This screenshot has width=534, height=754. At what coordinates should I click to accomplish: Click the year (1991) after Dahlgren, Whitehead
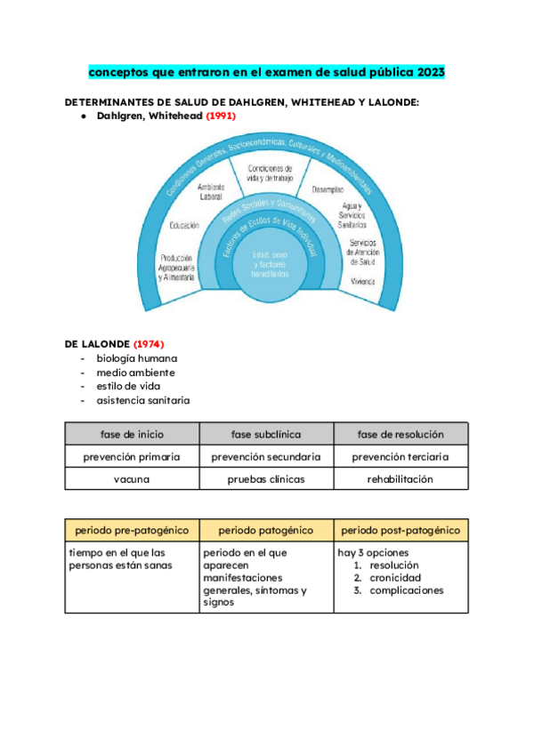point(222,116)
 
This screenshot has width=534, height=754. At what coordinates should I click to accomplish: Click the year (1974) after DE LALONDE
point(148,343)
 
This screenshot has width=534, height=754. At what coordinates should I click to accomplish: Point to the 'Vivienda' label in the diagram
point(362,280)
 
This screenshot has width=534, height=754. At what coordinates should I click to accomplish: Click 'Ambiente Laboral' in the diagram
point(211,191)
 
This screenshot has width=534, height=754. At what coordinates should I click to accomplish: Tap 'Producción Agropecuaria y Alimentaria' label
point(177,267)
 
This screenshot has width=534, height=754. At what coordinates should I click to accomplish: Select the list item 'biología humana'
point(131,358)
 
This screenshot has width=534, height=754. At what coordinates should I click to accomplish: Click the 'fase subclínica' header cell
point(266,435)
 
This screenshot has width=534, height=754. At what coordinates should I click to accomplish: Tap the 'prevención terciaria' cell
point(400,457)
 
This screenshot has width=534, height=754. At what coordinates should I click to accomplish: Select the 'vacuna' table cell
point(132,478)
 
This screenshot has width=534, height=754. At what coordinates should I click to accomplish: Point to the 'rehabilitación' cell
point(400,478)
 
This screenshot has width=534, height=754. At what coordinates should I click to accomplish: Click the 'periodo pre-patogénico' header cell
point(132,530)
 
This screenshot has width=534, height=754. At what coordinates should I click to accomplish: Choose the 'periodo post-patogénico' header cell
point(400,530)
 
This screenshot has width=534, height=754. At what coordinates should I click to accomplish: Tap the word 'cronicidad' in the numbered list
point(398,578)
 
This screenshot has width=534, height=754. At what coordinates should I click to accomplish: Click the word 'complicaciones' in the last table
point(407,590)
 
